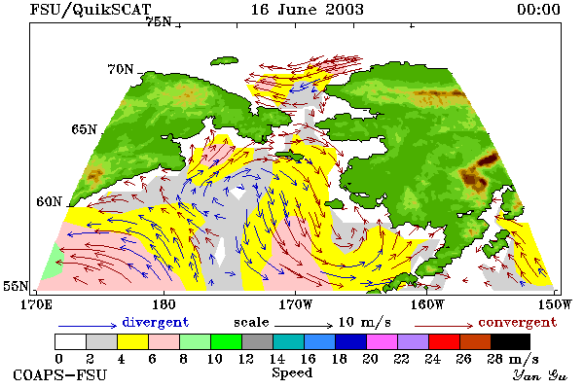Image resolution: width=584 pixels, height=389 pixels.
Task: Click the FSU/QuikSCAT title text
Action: (x=91, y=10)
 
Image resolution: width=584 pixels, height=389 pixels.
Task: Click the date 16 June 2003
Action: (x=307, y=10)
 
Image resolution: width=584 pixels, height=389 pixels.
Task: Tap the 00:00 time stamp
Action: (x=538, y=10)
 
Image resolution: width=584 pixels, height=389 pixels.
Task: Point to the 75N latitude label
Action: (x=159, y=22)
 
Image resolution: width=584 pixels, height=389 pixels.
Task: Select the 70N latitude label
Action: (x=121, y=69)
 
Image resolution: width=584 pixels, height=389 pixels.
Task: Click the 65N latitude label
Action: (x=84, y=129)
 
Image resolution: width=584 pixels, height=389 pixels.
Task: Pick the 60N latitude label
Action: (x=49, y=201)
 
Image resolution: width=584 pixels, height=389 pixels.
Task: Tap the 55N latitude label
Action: (x=16, y=286)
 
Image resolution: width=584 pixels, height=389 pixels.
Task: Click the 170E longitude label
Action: (x=36, y=304)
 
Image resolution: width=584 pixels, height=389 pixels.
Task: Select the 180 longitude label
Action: (x=164, y=304)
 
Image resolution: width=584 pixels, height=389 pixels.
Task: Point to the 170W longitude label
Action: (x=296, y=304)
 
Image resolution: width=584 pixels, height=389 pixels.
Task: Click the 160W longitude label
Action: (x=427, y=304)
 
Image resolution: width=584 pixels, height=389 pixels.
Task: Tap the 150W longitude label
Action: (x=554, y=304)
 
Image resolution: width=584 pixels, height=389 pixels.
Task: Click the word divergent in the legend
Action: (x=156, y=322)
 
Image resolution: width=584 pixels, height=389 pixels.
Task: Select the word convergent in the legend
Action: (x=518, y=322)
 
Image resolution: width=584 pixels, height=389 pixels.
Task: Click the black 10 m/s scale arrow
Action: (x=304, y=326)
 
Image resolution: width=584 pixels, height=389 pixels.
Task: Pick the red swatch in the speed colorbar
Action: (x=445, y=341)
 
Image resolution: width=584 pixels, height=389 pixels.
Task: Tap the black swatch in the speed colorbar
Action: (x=510, y=341)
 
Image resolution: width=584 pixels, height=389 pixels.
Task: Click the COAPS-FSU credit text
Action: (x=60, y=374)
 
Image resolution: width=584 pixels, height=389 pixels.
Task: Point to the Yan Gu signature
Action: (x=539, y=375)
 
